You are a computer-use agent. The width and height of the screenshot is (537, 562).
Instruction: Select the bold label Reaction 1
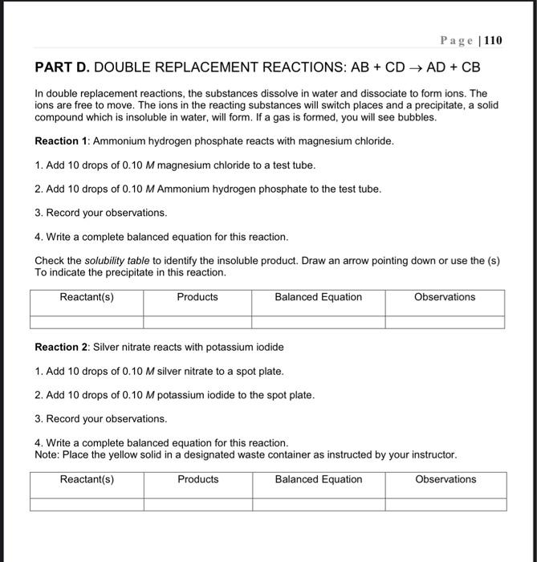pos(62,140)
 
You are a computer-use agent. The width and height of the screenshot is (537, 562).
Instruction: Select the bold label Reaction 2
pos(62,347)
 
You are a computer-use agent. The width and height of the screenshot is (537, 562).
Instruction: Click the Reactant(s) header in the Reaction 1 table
pos(87,297)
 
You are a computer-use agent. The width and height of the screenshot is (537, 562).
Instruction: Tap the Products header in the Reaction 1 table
pos(197,297)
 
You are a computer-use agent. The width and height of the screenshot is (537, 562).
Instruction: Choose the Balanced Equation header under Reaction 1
pos(318,297)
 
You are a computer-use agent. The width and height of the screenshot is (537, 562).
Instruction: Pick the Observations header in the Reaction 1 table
pos(445,297)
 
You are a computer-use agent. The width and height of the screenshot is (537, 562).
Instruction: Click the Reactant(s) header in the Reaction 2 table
pos(87,479)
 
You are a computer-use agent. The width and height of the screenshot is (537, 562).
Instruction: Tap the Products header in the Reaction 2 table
pos(197,479)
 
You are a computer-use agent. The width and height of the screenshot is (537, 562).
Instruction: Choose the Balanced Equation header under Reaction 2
pos(318,479)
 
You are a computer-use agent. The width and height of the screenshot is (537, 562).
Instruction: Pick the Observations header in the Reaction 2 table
pos(445,479)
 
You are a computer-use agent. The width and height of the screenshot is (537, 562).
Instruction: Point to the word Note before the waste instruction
pos(47,454)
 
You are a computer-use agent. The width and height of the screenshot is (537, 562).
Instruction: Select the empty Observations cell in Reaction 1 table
pos(445,322)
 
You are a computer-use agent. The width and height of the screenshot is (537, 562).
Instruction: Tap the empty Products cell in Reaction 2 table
pos(197,504)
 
